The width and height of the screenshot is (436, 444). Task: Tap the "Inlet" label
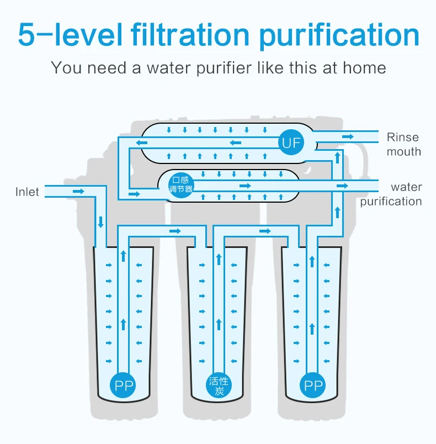click(x=27, y=192)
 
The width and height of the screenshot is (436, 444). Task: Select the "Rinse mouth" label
click(x=403, y=144)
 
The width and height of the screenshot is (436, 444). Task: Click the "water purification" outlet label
click(x=391, y=194)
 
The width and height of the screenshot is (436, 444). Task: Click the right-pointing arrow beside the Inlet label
click(x=78, y=191)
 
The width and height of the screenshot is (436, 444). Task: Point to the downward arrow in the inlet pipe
click(x=100, y=223)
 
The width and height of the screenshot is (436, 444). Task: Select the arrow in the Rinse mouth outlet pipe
click(x=348, y=136)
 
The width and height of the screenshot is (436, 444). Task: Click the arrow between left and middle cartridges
click(x=175, y=230)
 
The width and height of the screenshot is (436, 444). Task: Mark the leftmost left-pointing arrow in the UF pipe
click(x=142, y=143)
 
